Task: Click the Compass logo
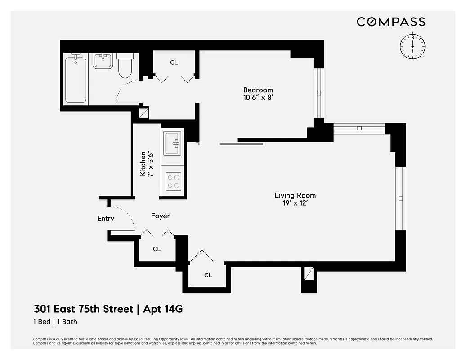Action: coord(390,22)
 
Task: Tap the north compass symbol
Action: coord(412,46)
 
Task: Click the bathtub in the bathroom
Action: coord(75,79)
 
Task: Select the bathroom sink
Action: coord(103,61)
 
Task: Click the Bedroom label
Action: coord(258,90)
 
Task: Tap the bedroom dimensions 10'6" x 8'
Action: coord(258,97)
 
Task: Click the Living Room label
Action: coord(295,195)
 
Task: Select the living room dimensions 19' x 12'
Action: coord(295,203)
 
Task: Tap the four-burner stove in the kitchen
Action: coord(174,181)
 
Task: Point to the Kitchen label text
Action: coord(143,163)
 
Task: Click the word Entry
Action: coord(106,219)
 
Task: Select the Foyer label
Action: coord(160,216)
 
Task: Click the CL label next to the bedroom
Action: coord(174,63)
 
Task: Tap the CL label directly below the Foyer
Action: coord(157,249)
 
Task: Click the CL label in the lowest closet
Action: coord(208,275)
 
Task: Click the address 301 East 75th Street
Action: coord(84,309)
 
